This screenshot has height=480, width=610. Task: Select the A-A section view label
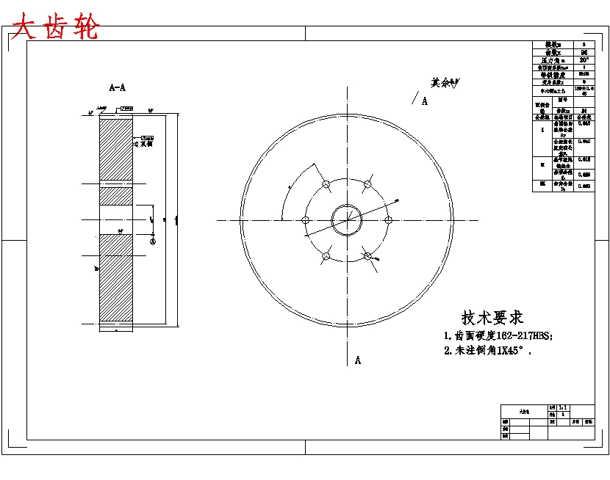(118, 87)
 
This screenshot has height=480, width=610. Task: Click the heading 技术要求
(492, 318)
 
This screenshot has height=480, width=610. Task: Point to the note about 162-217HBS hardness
(498, 335)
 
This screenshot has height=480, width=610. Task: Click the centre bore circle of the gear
(347, 219)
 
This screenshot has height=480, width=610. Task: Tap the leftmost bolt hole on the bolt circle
(306, 219)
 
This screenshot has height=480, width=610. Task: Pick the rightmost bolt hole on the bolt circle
(388, 219)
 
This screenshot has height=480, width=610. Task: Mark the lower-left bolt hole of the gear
(326, 255)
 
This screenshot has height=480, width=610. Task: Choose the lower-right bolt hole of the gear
(367, 255)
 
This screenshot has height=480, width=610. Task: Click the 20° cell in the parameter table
(584, 60)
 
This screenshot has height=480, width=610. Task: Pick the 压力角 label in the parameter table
(553, 60)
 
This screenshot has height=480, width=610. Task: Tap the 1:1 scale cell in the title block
(563, 407)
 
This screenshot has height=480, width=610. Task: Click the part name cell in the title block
(524, 412)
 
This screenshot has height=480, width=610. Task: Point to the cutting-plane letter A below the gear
(358, 360)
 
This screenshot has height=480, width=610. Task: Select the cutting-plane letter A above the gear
(425, 101)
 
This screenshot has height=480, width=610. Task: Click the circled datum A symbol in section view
(153, 241)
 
